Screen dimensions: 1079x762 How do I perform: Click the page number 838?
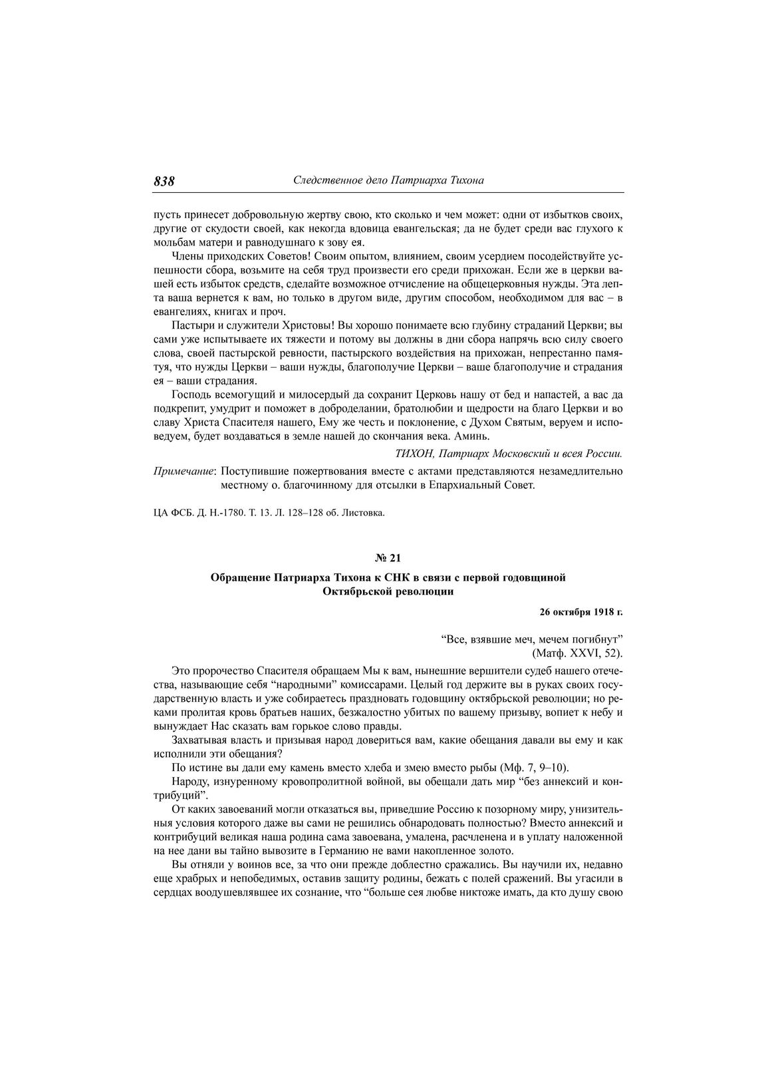click(164, 181)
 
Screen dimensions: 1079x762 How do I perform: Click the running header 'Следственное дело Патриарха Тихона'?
click(388, 180)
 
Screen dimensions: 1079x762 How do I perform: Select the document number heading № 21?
click(388, 557)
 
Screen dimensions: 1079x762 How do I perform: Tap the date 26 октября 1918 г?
click(580, 609)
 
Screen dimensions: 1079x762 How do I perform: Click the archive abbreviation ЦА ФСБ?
click(168, 513)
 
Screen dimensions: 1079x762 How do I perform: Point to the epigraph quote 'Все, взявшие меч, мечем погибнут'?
click(531, 639)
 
